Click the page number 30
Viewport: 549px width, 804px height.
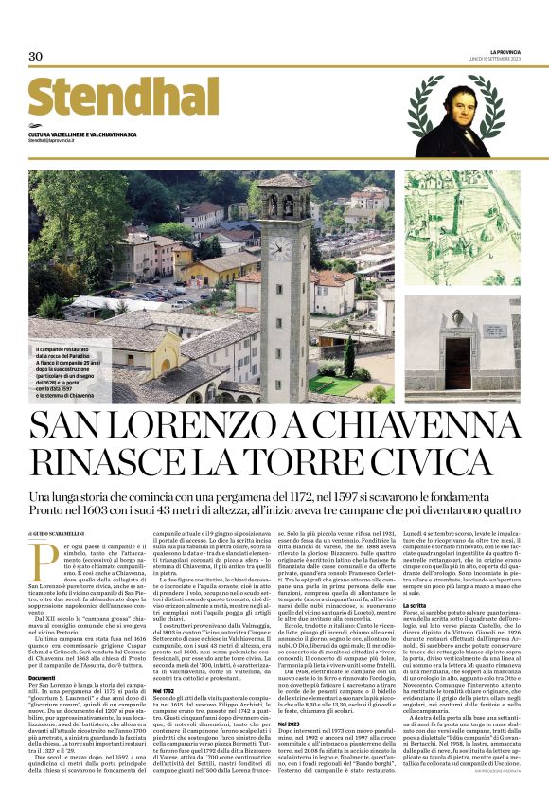pyautogui.click(x=36, y=57)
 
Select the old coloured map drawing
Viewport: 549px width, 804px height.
pyautogui.click(x=462, y=219)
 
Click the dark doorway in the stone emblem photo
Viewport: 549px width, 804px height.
pyautogui.click(x=459, y=362)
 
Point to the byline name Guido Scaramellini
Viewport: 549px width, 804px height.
pyautogui.click(x=66, y=535)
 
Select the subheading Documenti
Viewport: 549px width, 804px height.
pyautogui.click(x=42, y=678)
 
